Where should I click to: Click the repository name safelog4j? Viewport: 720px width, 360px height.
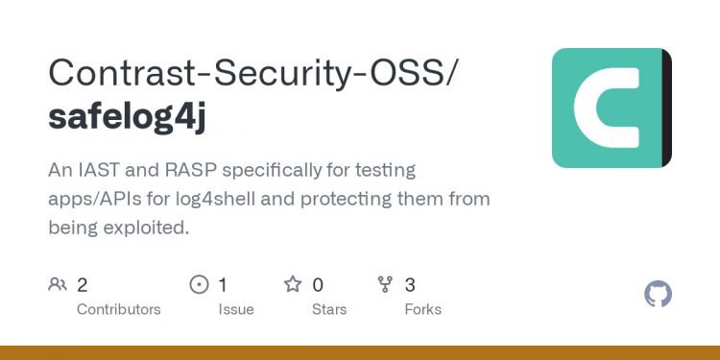pyautogui.click(x=127, y=117)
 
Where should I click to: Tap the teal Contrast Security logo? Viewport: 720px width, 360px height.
pyautogui.click(x=612, y=108)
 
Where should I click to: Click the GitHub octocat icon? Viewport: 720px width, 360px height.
pyautogui.click(x=658, y=294)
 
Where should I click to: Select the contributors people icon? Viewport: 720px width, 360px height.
pyautogui.click(x=58, y=284)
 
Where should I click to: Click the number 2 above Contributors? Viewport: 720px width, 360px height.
pyautogui.click(x=83, y=284)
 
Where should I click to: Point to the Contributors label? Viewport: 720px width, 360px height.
pyautogui.click(x=119, y=309)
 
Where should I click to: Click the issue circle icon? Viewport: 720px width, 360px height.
pyautogui.click(x=200, y=284)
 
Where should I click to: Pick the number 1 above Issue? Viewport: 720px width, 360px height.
pyautogui.click(x=223, y=284)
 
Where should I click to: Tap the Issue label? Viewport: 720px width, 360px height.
pyautogui.click(x=236, y=309)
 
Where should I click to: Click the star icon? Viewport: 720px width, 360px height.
pyautogui.click(x=292, y=284)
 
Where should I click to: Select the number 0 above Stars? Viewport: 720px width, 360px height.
pyautogui.click(x=318, y=284)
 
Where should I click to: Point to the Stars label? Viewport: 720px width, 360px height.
pyautogui.click(x=330, y=309)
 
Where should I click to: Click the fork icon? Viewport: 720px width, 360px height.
pyautogui.click(x=385, y=284)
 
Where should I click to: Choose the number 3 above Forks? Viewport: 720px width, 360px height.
pyautogui.click(x=410, y=284)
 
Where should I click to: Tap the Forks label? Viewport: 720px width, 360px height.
pyautogui.click(x=423, y=309)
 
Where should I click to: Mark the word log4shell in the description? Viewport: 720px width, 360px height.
pyautogui.click(x=278, y=200)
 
